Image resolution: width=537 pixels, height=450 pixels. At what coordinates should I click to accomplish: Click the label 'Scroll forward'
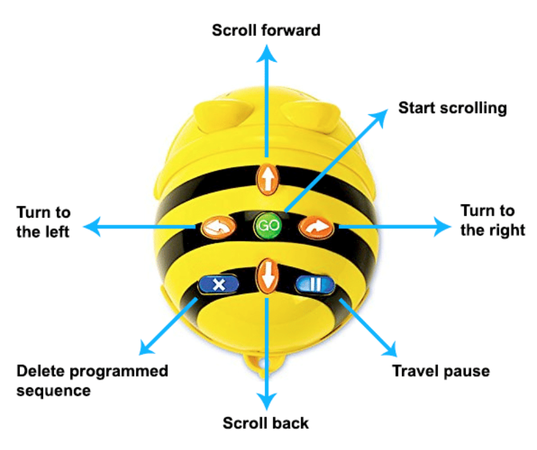coord(266,30)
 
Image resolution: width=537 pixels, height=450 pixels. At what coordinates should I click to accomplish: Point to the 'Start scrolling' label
coord(452,108)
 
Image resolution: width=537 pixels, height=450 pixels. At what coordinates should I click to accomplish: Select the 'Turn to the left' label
coord(43,222)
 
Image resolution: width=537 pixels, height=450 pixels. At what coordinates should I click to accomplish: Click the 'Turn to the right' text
coord(492,220)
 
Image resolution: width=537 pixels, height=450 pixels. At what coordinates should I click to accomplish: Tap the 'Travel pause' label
coord(440,371)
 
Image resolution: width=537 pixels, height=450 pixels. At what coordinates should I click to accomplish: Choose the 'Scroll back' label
coord(266,423)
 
